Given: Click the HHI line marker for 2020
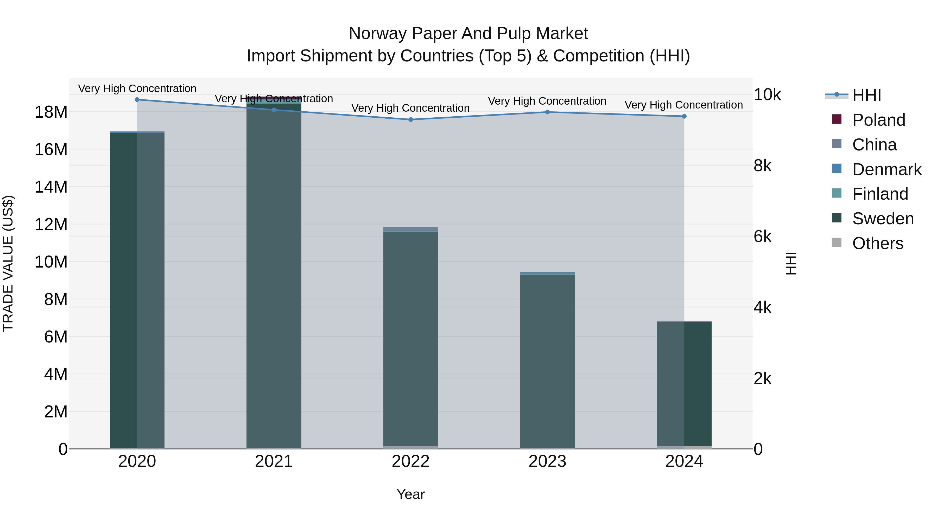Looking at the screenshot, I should [x=137, y=100].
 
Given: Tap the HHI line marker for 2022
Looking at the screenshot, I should [x=411, y=120].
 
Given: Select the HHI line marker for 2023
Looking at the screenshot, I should [x=547, y=112].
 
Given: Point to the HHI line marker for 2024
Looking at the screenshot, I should [x=684, y=116].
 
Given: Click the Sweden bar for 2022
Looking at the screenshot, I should [x=411, y=338].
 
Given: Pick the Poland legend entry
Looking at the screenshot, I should [x=878, y=120].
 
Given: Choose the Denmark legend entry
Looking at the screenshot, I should [x=887, y=169].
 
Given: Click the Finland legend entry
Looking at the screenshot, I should [x=880, y=194].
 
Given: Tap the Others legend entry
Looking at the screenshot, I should [x=877, y=243].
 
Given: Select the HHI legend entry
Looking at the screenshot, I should [x=866, y=95].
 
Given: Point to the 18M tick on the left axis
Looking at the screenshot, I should [x=51, y=112].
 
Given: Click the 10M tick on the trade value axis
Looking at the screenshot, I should [x=51, y=262].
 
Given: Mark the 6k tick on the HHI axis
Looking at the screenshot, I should [x=762, y=237].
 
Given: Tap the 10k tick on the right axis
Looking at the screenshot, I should [x=767, y=95].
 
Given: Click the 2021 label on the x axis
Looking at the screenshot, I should [x=274, y=461].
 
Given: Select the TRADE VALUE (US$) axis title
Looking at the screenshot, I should [x=8, y=263].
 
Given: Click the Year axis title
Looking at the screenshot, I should [x=411, y=494].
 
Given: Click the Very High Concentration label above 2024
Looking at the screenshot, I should [x=684, y=105].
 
